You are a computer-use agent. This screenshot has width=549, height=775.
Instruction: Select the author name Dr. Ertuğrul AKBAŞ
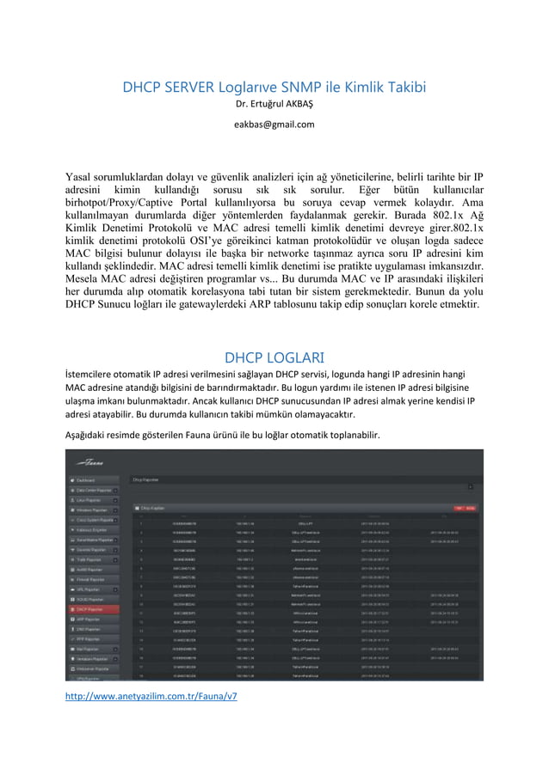[x=274, y=106]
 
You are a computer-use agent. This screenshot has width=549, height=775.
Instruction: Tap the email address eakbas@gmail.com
[x=274, y=124]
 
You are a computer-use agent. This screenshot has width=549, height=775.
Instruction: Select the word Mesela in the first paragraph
[x=86, y=278]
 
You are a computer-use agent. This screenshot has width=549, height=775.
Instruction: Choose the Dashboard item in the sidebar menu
[x=86, y=479]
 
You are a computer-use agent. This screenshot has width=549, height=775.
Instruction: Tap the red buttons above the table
[x=465, y=507]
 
